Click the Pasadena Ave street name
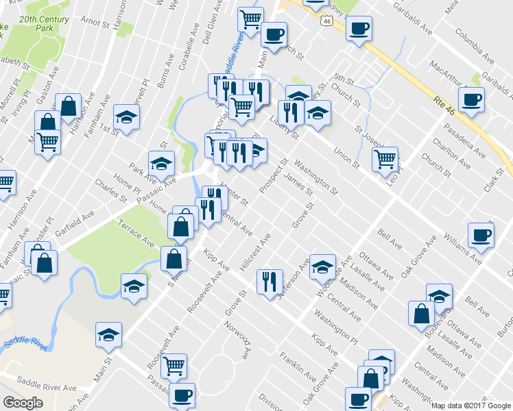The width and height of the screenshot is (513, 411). click(457, 127)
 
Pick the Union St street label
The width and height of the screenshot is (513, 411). click(346, 156)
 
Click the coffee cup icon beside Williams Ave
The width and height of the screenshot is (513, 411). click(481, 234)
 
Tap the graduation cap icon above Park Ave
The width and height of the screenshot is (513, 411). click(162, 164)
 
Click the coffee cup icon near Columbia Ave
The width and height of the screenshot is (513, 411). click(471, 99)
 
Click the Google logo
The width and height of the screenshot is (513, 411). click(23, 403)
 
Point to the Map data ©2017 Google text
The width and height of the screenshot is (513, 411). click(470, 406)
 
